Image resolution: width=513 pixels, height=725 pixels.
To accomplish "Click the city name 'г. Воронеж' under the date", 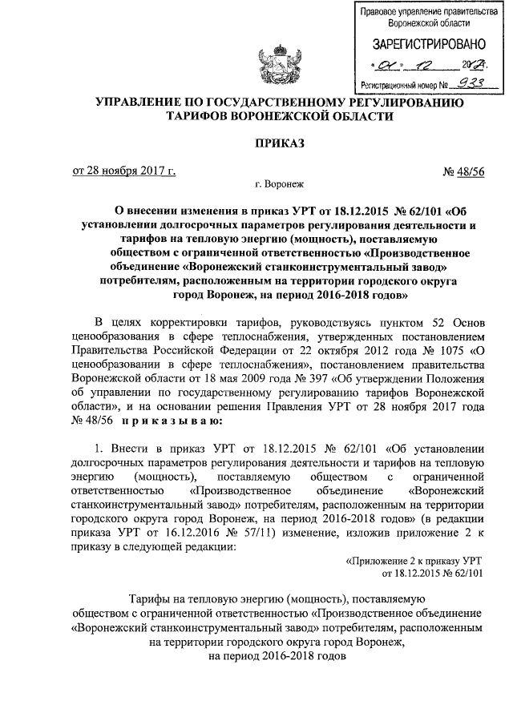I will tap(277, 184).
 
